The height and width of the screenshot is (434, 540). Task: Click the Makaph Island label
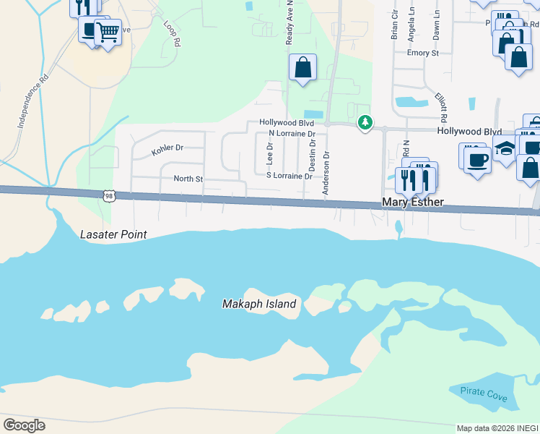(259, 304)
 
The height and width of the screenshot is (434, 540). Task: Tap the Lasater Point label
(114, 234)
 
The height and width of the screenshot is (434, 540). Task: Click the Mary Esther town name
(412, 203)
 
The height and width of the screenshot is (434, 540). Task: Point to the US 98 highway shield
(108, 195)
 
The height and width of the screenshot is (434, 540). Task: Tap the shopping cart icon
(108, 31)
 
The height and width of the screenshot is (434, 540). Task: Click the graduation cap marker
(506, 148)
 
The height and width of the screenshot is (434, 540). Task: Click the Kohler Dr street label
(167, 149)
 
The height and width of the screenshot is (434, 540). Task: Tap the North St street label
(188, 179)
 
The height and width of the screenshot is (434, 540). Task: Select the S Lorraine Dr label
(289, 176)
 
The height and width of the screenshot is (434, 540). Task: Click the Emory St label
(422, 54)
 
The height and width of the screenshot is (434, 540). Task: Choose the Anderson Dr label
(326, 174)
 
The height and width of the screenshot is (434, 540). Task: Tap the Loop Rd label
(171, 33)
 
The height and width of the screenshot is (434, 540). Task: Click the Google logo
(24, 425)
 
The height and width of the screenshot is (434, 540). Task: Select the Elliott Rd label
(442, 107)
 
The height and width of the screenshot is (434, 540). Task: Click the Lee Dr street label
(270, 151)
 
